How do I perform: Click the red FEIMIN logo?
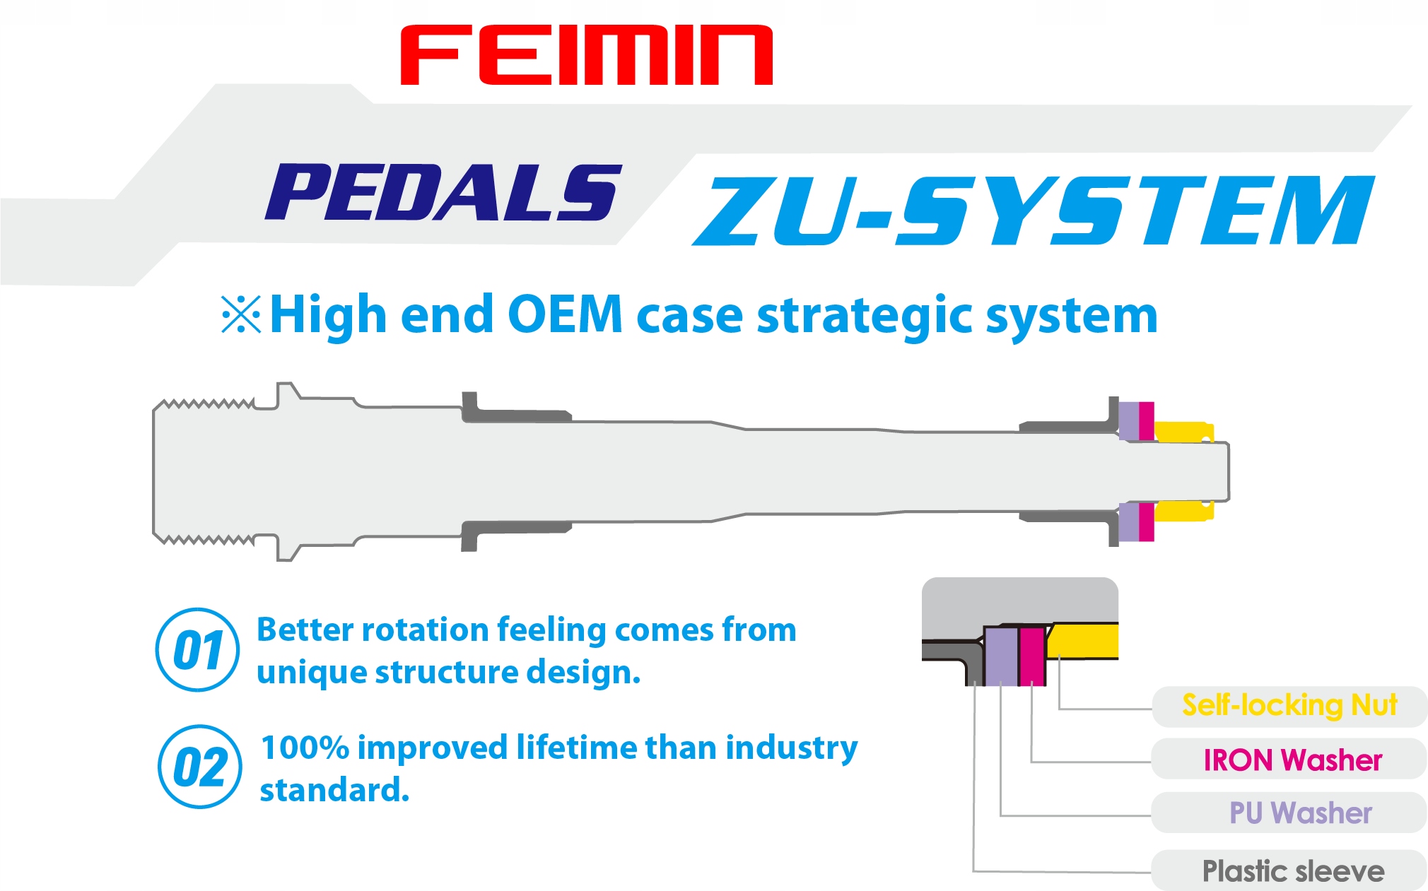click(586, 55)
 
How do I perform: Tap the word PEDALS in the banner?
click(444, 192)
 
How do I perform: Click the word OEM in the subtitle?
click(565, 315)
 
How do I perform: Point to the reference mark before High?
click(241, 314)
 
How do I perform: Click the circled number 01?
click(198, 649)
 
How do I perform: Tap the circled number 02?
click(200, 767)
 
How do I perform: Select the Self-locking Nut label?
click(1289, 705)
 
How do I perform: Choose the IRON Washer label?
click(1292, 760)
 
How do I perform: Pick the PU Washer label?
click(1300, 813)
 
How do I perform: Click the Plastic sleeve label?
click(1293, 871)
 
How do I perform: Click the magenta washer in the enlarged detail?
click(1032, 656)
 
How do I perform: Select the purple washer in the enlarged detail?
click(1001, 656)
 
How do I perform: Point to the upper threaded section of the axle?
click(205, 405)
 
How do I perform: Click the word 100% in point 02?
click(305, 748)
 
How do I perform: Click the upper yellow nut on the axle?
click(1183, 431)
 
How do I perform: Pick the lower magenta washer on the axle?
click(1146, 521)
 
